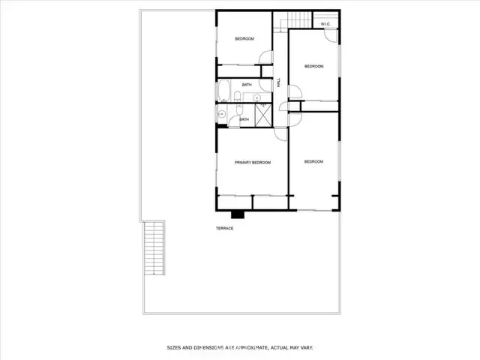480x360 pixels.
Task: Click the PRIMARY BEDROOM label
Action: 253,163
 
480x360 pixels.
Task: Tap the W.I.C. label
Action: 325,24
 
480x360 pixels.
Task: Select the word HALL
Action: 278,82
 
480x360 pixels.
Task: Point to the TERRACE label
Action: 225,228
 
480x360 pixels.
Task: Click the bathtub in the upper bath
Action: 224,91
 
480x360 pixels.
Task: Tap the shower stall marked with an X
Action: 263,115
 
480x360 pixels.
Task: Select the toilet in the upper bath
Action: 238,97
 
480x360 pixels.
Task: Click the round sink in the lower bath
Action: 222,115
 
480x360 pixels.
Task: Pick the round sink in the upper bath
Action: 256,98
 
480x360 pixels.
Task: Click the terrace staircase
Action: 154,248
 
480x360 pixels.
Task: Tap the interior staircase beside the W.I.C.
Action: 299,20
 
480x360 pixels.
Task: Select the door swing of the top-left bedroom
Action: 265,57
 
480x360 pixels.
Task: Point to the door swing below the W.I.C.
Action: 331,35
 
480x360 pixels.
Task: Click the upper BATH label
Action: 247,85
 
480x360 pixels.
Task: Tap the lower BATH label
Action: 244,119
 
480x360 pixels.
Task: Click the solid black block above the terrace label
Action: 238,214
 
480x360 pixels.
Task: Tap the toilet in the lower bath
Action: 239,109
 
